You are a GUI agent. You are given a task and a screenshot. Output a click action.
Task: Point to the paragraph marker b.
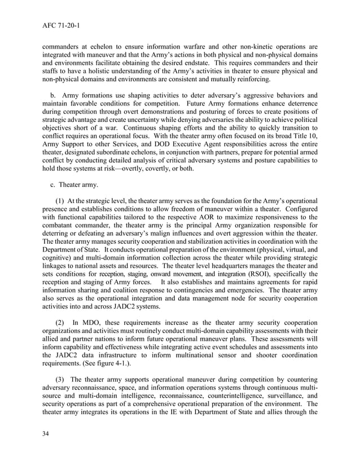point(54,96)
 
